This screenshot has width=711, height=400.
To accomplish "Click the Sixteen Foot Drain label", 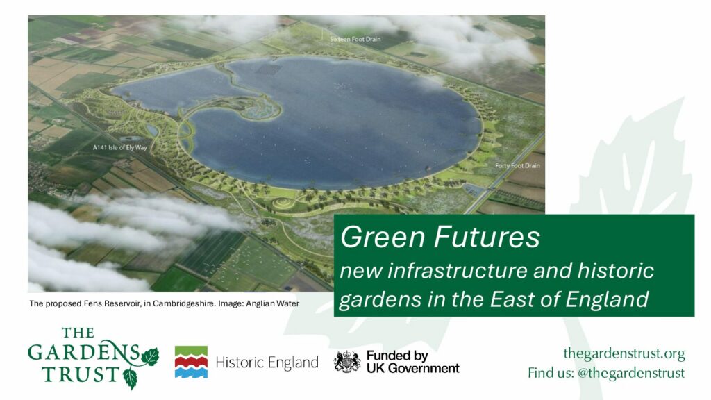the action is click(355, 39).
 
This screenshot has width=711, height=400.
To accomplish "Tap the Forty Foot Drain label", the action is click(517, 165).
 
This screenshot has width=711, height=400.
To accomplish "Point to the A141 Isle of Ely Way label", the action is click(119, 147).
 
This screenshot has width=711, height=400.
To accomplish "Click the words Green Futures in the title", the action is click(440, 237).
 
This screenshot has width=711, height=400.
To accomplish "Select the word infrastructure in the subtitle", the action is click(458, 271).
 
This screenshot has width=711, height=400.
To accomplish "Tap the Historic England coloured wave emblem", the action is click(191, 362).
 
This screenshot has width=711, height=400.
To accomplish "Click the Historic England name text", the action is click(267, 362).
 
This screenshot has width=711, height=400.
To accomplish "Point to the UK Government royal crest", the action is click(347, 362).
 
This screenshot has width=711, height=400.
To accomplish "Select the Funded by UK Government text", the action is click(412, 362).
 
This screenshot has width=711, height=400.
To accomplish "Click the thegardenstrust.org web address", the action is click(624, 353).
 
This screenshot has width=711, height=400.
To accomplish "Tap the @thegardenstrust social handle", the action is click(630, 373).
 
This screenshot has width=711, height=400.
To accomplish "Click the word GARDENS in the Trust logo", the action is click(84, 352).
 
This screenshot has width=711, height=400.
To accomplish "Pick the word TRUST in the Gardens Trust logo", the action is click(81, 374).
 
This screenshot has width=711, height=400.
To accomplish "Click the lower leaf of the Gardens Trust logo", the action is click(131, 378).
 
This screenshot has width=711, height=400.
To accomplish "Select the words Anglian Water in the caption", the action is click(272, 303).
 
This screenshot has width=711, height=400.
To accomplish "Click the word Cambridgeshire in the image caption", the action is click(183, 303).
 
